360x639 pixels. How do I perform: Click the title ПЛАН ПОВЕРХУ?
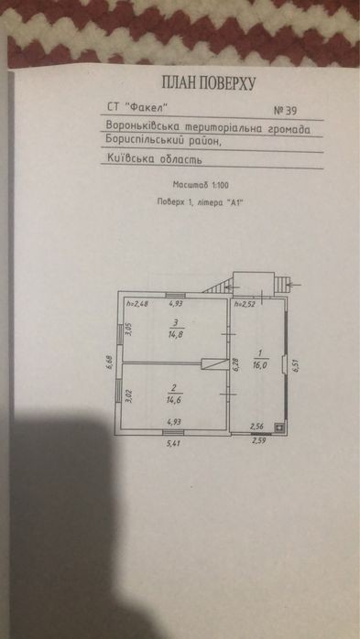pyautogui.click(x=209, y=83)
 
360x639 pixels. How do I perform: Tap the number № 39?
pyautogui.click(x=285, y=111)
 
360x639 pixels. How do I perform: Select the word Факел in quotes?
pyautogui.click(x=147, y=107)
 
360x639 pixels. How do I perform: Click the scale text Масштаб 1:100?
pyautogui.click(x=201, y=185)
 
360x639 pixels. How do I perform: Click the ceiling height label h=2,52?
pyautogui.click(x=243, y=304)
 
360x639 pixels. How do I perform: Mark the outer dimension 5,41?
pyautogui.click(x=173, y=442)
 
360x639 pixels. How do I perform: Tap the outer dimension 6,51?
pyautogui.click(x=294, y=363)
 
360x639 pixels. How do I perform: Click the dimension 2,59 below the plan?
pyautogui.click(x=259, y=440)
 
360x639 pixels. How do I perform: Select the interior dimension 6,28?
pyautogui.click(x=235, y=364)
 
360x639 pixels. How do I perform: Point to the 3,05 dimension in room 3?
pyautogui.click(x=129, y=330)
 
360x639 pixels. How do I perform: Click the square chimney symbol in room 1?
pyautogui.click(x=279, y=428)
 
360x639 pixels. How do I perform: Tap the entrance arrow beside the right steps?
pyautogui.click(x=295, y=284)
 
